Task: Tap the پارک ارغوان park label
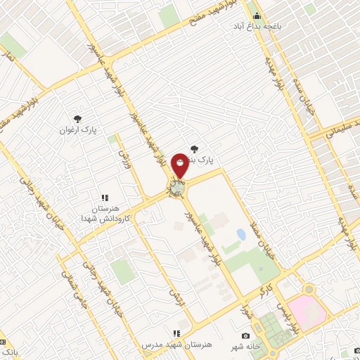point(78,130)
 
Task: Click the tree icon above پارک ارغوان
point(78,119)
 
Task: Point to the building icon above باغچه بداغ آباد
point(257,15)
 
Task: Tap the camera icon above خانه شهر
point(245,335)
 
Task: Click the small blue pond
point(241,233)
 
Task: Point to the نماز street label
point(9,57)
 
